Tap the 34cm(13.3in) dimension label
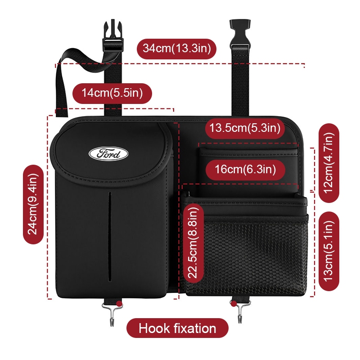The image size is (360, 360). pos(177,49)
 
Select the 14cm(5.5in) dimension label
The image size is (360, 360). pos(112,93)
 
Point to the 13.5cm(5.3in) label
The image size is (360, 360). pos(245,128)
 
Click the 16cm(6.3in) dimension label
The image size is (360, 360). pos(245,170)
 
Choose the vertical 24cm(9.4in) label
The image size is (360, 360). pos(33,204)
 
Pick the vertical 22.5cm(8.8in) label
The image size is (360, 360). pos(193,243)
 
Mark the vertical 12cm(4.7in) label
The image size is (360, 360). pos(329,163)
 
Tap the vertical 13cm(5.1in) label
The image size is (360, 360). pos(329,251)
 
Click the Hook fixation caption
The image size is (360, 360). pos(177,328)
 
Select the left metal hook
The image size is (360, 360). pos(112,314)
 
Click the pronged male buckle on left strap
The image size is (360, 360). pos(112,36)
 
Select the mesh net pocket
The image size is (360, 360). pos(246,254)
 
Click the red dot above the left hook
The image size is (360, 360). pos(119,304)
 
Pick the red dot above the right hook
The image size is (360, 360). pos(234,304)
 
